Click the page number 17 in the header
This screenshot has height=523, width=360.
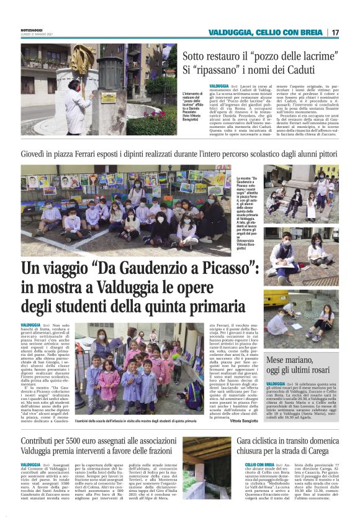(x=335, y=32)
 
